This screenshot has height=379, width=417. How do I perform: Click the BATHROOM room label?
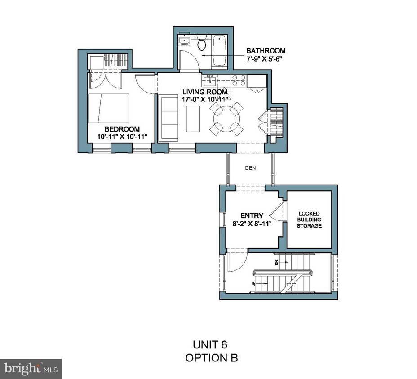click(265, 51)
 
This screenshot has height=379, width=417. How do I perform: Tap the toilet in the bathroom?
click(202, 44)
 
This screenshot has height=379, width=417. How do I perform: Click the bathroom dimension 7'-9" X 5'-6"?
click(265, 59)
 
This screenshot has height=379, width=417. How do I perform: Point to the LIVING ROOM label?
click(204, 92)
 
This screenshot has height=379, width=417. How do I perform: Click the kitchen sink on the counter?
click(210, 81)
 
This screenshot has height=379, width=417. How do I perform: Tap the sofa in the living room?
click(169, 118)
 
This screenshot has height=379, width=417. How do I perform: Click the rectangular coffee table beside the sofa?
click(193, 118)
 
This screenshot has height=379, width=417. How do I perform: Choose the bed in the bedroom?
click(108, 108)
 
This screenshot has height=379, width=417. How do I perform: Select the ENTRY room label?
click(252, 216)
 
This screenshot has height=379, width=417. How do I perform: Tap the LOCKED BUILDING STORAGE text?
click(310, 219)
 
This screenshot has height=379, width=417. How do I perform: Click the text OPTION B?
click(211, 358)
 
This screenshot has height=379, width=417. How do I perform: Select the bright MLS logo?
click(31, 369)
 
